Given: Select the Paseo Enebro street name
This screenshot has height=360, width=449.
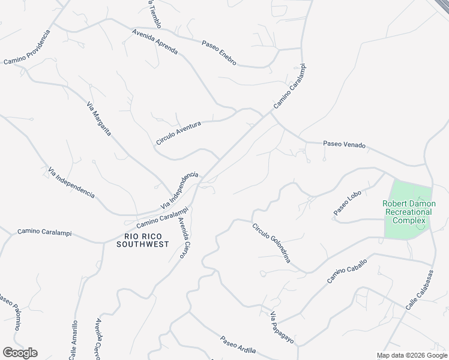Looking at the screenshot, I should [219, 53].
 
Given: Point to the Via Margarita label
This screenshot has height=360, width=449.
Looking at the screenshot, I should [99, 119].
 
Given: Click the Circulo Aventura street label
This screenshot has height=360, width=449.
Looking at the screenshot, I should [178, 132].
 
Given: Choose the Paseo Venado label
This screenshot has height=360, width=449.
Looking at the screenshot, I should [344, 145].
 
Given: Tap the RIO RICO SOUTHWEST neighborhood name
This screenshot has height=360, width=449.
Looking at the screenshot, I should [142, 240].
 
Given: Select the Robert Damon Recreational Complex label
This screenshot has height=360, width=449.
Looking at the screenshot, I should [409, 212].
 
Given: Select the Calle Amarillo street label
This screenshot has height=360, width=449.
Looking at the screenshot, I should [73, 340].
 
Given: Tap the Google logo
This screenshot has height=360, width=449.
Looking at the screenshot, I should [20, 353].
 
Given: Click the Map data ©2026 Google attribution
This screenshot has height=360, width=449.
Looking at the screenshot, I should [412, 355].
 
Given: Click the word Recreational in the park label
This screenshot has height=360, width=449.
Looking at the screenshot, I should [409, 212].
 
